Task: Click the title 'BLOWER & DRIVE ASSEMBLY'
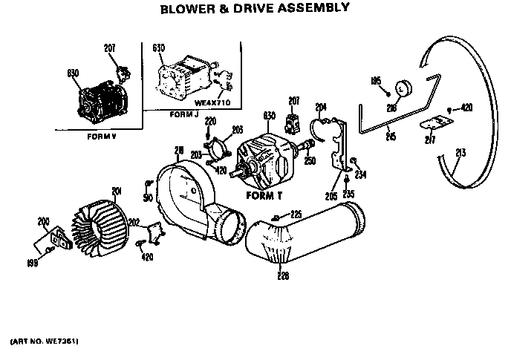tap(255, 9)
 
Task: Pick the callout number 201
tap(116, 192)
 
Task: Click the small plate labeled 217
tap(430, 125)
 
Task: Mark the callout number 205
tap(331, 195)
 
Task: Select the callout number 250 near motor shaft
tap(309, 161)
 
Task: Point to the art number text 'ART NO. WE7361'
tap(45, 341)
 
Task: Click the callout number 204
tap(322, 105)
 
